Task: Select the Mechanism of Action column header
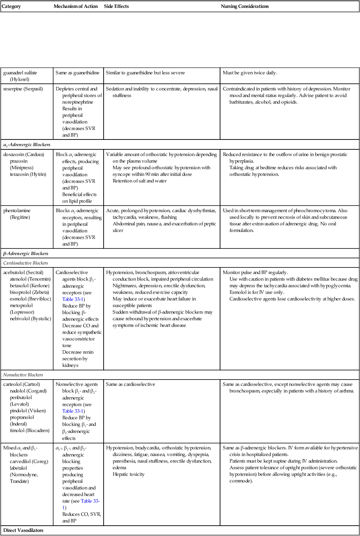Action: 76,7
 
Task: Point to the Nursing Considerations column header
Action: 245,7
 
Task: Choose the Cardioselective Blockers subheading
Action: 26,263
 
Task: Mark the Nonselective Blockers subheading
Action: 24,375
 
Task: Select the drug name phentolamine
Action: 16,210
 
